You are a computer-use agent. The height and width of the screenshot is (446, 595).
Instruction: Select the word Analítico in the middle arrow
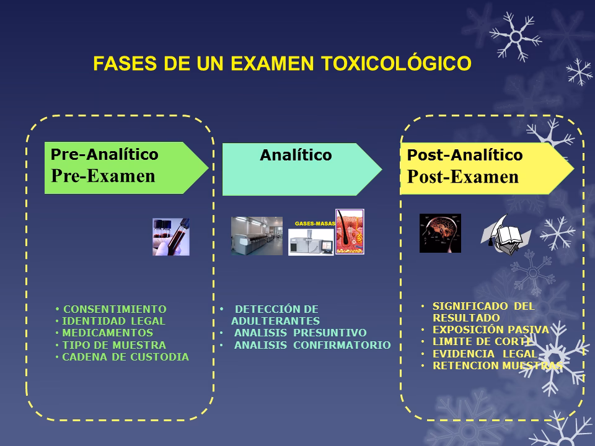(x=296, y=155)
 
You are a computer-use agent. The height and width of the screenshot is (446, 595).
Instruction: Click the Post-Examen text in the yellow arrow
(x=462, y=177)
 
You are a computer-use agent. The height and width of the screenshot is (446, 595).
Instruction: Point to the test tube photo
(x=171, y=237)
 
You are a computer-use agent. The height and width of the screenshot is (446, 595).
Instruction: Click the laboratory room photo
(x=256, y=235)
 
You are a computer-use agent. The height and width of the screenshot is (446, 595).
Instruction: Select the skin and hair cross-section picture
(x=350, y=232)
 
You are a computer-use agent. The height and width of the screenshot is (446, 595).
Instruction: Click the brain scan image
(x=440, y=233)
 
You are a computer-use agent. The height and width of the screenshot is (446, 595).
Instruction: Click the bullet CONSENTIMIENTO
(x=115, y=309)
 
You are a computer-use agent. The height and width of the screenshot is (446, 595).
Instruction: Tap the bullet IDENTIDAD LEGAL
(x=113, y=321)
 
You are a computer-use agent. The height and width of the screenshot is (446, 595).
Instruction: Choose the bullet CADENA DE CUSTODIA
(x=125, y=357)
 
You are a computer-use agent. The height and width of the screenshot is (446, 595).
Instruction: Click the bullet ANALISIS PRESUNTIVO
(x=300, y=333)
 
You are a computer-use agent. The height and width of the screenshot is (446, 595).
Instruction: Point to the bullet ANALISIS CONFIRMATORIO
(x=312, y=345)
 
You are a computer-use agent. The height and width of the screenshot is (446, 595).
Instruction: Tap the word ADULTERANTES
(x=275, y=321)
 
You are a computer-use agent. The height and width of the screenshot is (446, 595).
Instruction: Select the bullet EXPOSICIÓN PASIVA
(x=490, y=330)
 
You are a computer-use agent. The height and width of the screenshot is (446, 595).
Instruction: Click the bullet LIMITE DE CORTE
(x=482, y=341)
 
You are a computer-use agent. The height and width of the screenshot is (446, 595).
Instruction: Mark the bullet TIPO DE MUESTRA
(x=114, y=345)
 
